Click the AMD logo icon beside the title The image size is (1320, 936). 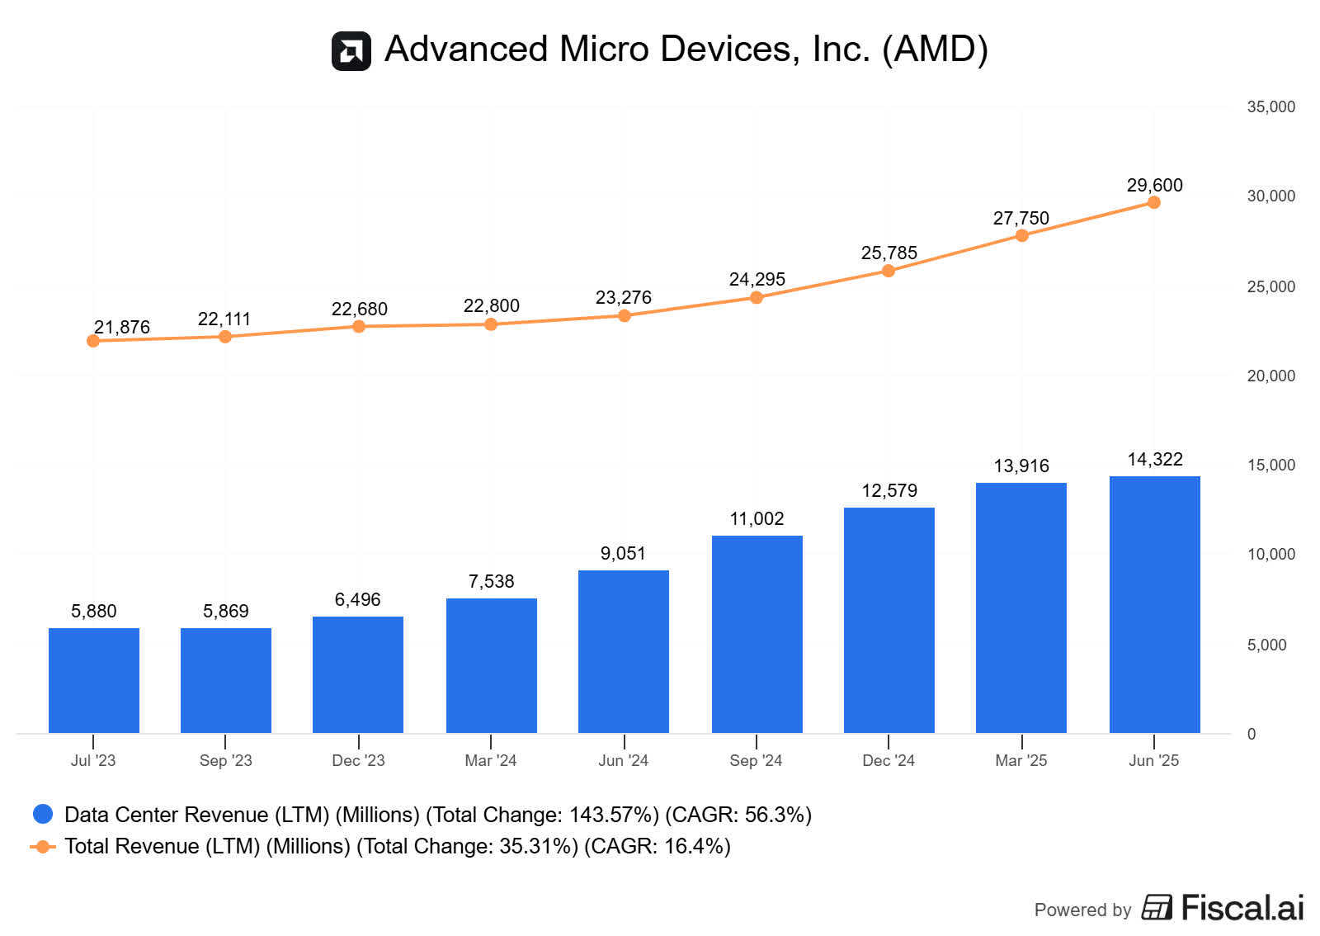coord(351,51)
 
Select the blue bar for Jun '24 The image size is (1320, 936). coord(624,651)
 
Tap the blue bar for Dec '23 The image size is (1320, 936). coord(358,674)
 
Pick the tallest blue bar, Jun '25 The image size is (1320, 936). coord(1154,604)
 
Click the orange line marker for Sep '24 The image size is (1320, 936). coord(757,297)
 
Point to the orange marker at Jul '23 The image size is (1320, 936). coord(93,341)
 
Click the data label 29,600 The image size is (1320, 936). coord(1154,185)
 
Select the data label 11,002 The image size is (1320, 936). coord(757,518)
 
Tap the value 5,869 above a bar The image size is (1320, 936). coord(225,611)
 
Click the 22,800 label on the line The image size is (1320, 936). coord(491,305)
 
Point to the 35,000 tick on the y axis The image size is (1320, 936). coord(1270,106)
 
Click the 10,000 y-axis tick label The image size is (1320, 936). coord(1270,554)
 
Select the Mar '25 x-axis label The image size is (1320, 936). coord(1021,760)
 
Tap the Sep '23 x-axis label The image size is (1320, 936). coord(225,760)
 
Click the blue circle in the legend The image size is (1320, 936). coord(43,814)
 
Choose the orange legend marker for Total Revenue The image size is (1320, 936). coord(43,846)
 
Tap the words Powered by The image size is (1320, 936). coord(1082,910)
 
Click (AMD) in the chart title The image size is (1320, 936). coord(935,49)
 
